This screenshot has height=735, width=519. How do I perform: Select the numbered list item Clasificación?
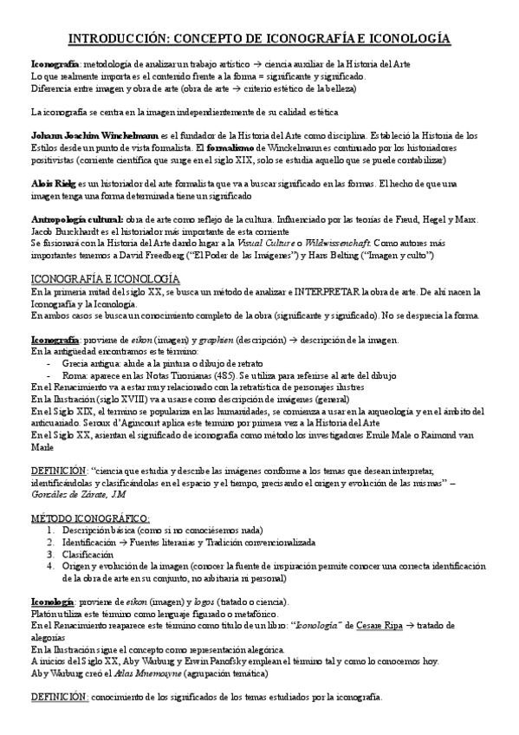pyautogui.click(x=88, y=554)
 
